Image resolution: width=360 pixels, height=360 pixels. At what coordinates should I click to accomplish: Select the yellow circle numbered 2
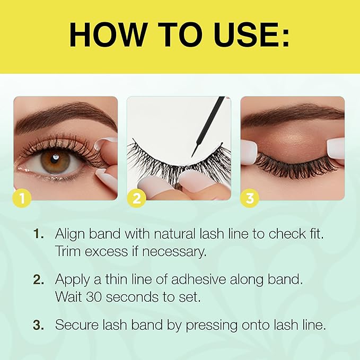(x=136, y=199)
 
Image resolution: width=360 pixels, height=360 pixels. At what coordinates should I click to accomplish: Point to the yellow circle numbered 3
(x=250, y=199)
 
